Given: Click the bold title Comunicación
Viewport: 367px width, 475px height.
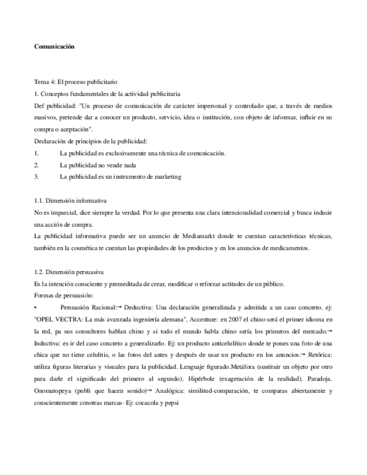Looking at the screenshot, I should (54, 47).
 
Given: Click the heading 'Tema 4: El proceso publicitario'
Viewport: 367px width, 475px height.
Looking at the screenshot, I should (76, 82).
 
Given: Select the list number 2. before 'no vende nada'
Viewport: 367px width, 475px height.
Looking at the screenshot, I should (36, 165).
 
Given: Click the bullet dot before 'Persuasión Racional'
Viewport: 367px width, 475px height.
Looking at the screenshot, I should (35, 308).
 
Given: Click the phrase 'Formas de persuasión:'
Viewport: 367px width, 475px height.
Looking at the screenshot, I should (64, 295).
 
